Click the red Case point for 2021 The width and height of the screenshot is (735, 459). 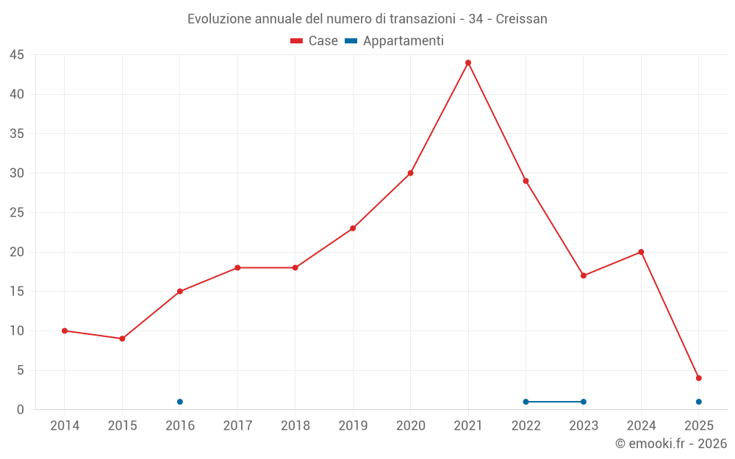pyautogui.click(x=468, y=62)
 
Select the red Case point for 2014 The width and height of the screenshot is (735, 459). pyautogui.click(x=65, y=330)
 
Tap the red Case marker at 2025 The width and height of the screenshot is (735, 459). pyautogui.click(x=699, y=378)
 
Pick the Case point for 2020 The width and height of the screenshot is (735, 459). pyautogui.click(x=411, y=173)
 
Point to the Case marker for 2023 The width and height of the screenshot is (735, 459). pyautogui.click(x=584, y=275)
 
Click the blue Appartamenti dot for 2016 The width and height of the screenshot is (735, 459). pyautogui.click(x=180, y=402)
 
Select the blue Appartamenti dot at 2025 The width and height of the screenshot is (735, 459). pyautogui.click(x=699, y=402)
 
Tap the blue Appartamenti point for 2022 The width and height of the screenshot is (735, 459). pyautogui.click(x=526, y=402)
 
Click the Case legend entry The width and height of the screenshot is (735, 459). pyautogui.click(x=315, y=41)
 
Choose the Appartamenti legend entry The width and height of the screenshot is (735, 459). pyautogui.click(x=395, y=41)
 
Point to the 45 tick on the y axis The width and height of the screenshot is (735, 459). pyautogui.click(x=17, y=55)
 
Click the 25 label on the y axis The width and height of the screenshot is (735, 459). pyautogui.click(x=17, y=213)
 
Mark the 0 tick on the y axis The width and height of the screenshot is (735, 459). pyautogui.click(x=21, y=410)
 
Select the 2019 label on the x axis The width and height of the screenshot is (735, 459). pyautogui.click(x=353, y=426)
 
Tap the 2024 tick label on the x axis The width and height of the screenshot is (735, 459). pyautogui.click(x=641, y=426)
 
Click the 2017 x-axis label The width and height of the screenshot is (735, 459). pyautogui.click(x=237, y=426)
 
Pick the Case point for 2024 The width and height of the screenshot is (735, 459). pyautogui.click(x=641, y=252)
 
